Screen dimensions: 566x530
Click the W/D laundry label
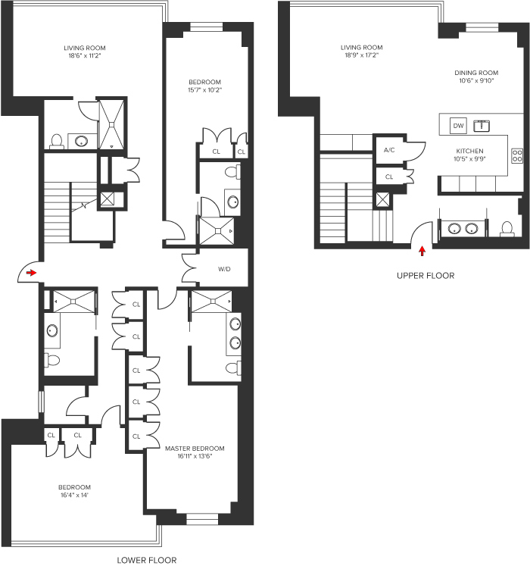coord(224,268)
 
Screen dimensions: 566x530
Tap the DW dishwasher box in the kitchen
coord(458,125)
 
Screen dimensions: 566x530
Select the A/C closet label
coord(389,150)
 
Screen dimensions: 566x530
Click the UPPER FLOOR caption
coord(426,276)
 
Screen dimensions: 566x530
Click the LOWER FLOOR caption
coord(147,561)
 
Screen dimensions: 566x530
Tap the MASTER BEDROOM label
coord(195,449)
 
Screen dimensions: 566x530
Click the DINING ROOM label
coord(474,73)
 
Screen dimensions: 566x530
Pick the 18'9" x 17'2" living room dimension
coord(361,55)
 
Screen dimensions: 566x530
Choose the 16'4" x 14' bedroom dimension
coord(74,496)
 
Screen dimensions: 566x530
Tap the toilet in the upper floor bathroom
coord(506,227)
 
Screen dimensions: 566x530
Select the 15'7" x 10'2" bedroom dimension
coord(204,90)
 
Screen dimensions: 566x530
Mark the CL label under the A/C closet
coord(389,177)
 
